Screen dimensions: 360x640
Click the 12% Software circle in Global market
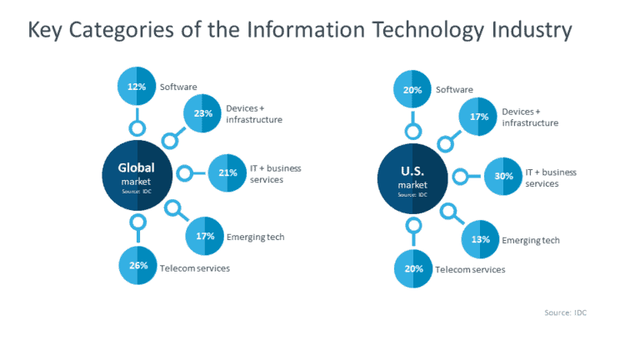pos(137,86)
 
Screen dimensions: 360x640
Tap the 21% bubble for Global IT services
pos(227,173)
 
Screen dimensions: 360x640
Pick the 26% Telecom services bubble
pos(137,266)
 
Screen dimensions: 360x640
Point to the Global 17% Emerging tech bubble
pos(205,236)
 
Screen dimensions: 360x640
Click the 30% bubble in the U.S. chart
pos(503,176)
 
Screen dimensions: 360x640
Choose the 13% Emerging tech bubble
pos(481,240)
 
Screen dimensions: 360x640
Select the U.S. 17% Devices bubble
pos(478,117)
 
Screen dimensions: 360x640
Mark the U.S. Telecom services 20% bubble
pos(413,269)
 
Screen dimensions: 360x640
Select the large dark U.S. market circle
pos(412,177)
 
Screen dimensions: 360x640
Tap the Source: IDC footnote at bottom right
pos(572,312)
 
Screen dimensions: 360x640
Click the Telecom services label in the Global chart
pos(195,268)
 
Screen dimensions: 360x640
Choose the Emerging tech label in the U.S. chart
pos(530,241)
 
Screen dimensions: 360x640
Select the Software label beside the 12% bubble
pos(178,87)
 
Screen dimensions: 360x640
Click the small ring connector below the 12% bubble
pos(137,127)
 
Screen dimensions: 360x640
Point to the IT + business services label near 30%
pos(550,177)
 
